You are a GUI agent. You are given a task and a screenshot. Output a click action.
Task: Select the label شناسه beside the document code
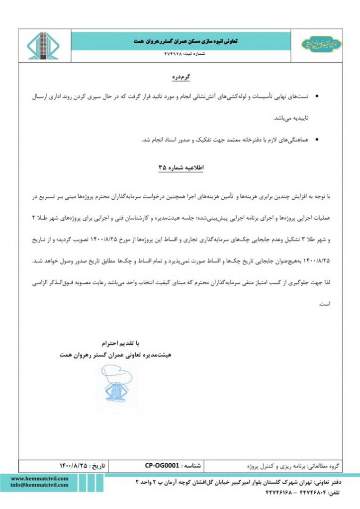192,466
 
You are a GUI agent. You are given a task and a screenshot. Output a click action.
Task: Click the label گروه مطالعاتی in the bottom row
323,466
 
